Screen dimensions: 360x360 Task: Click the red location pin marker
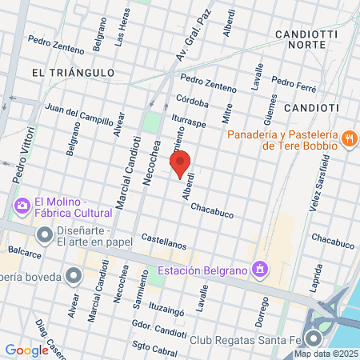point(181,164)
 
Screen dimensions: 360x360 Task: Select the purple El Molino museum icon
point(21,207)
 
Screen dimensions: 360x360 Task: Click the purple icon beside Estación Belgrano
point(259,270)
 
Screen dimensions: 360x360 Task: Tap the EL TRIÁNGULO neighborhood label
point(73,72)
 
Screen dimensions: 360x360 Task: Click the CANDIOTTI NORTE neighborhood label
point(300,39)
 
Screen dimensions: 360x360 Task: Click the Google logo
point(26,350)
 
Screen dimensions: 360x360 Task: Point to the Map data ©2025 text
point(324,354)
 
